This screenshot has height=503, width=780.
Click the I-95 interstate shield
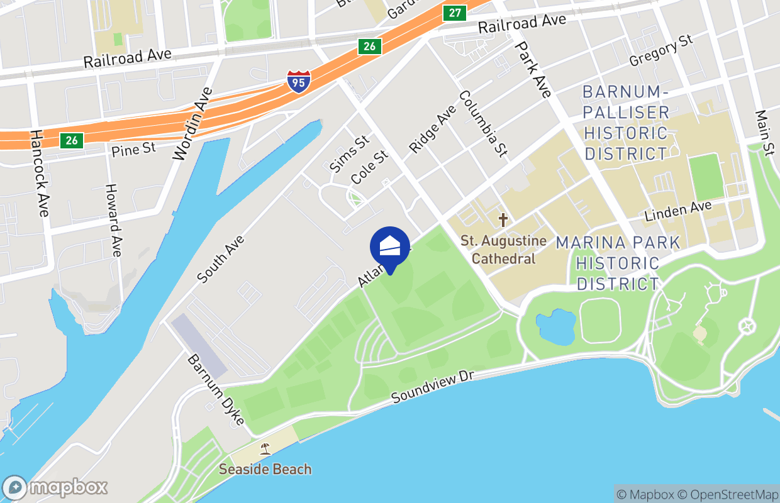pyautogui.click(x=298, y=82)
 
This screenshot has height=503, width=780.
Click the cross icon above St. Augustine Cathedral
pyautogui.click(x=503, y=220)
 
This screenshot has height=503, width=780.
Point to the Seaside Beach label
pyautogui.click(x=265, y=469)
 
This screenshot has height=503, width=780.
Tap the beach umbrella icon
pyautogui.click(x=265, y=449)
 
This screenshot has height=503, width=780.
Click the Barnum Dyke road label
pyautogui.click(x=216, y=390)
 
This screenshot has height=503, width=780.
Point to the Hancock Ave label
pyautogui.click(x=39, y=173)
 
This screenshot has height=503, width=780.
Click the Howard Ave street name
pyautogui.click(x=114, y=220)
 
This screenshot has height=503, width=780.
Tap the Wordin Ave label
pyautogui.click(x=192, y=124)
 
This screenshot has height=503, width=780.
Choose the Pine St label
pyautogui.click(x=133, y=150)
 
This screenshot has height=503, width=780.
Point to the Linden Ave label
pyautogui.click(x=678, y=211)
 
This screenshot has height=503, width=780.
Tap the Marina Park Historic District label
pyautogui.click(x=618, y=263)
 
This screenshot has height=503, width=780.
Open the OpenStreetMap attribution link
pyautogui.click(x=729, y=494)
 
